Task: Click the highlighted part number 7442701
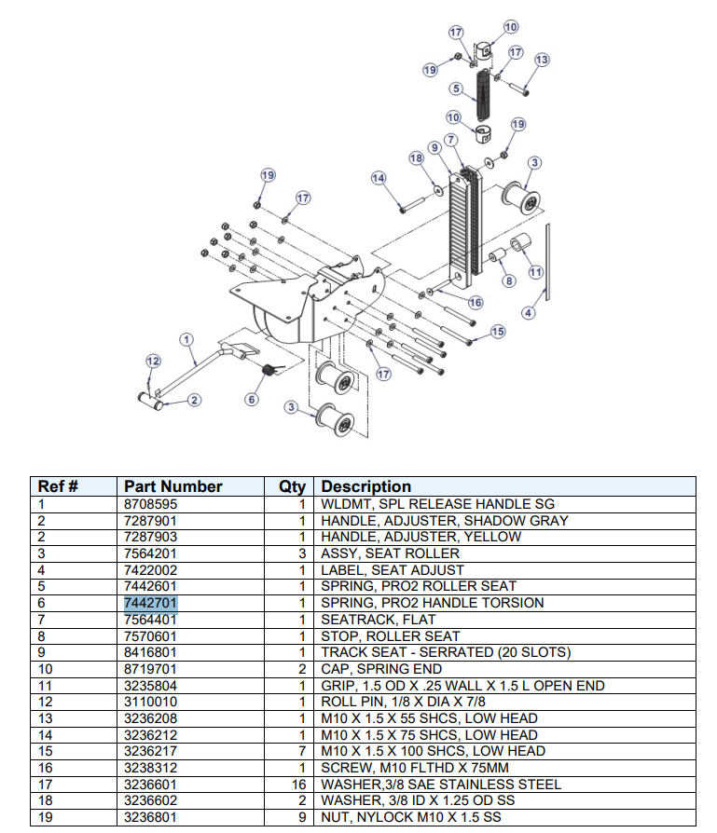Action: pyautogui.click(x=150, y=603)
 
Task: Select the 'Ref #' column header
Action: pyautogui.click(x=57, y=486)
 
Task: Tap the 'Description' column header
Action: pyautogui.click(x=365, y=486)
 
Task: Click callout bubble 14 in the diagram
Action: pyautogui.click(x=379, y=178)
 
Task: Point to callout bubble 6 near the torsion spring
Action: pyautogui.click(x=251, y=400)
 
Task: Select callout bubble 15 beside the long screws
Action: pyautogui.click(x=497, y=332)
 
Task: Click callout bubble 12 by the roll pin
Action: pyautogui.click(x=153, y=361)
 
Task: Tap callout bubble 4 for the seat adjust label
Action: pyautogui.click(x=529, y=312)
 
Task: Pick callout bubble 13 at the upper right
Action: pyautogui.click(x=541, y=60)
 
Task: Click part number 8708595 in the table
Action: pyautogui.click(x=150, y=504)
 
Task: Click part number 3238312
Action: pyautogui.click(x=150, y=768)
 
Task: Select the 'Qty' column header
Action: pyautogui.click(x=292, y=486)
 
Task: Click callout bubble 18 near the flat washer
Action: pyautogui.click(x=416, y=158)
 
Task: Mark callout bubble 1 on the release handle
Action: pyautogui.click(x=186, y=340)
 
